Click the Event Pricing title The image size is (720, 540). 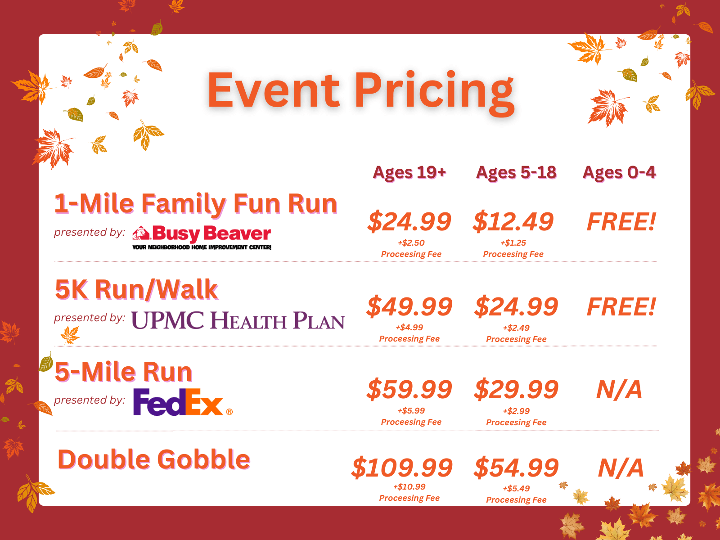click(361, 93)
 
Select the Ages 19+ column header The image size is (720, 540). click(409, 173)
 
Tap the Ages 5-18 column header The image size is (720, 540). click(516, 173)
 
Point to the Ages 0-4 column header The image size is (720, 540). click(619, 173)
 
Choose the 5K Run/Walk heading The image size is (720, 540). click(136, 290)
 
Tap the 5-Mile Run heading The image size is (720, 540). click(123, 372)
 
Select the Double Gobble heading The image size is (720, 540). click(154, 459)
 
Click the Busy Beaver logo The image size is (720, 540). click(202, 238)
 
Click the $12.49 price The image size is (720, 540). click(513, 222)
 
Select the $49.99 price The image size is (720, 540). click(409, 307)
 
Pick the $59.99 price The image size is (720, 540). click(409, 390)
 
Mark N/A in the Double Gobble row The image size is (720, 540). click(621, 468)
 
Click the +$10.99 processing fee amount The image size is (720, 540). click(409, 487)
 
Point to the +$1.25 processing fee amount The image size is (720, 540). click(513, 243)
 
